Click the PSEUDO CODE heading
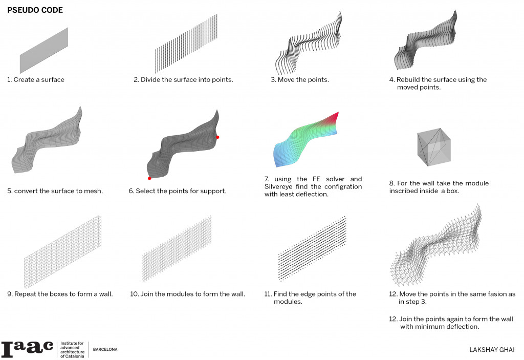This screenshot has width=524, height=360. pyautogui.click(x=35, y=10)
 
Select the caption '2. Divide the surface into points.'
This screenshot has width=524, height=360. pyautogui.click(x=183, y=80)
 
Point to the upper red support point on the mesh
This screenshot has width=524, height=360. pyautogui.click(x=217, y=137)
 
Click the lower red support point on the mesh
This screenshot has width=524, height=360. pyautogui.click(x=149, y=178)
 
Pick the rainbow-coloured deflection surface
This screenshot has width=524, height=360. pyautogui.click(x=304, y=138)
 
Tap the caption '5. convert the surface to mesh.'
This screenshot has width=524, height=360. pyautogui.click(x=55, y=192)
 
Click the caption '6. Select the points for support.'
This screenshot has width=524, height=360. pyautogui.click(x=177, y=192)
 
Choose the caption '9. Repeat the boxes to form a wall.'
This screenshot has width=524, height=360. pyautogui.click(x=60, y=294)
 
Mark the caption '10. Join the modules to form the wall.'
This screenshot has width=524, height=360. pyautogui.click(x=187, y=294)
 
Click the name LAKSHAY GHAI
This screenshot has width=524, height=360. pyautogui.click(x=492, y=350)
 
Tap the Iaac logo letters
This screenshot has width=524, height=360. pyautogui.click(x=27, y=349)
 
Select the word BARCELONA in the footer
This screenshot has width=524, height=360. pyautogui.click(x=105, y=349)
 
